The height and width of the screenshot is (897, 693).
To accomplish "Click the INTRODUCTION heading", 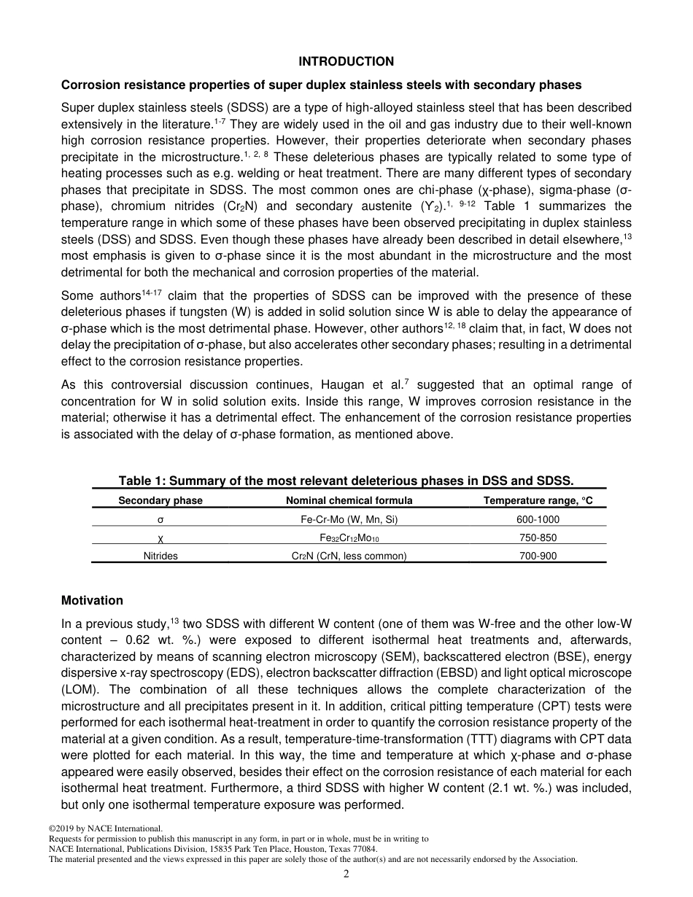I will coord(346,61).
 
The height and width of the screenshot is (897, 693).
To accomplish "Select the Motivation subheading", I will coord(92,600).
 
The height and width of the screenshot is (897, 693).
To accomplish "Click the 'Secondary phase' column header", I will coord(160,500).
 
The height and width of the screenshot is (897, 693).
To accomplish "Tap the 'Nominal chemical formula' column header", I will coord(349,500).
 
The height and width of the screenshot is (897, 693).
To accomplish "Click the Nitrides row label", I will coord(160,555).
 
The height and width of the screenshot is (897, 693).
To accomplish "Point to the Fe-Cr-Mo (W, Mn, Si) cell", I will coord(349,520).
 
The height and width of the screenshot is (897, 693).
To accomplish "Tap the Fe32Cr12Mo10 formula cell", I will coord(349,537).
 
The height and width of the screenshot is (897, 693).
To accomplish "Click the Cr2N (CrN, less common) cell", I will coord(349,555).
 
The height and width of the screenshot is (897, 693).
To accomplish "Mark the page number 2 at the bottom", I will coord(346,874).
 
